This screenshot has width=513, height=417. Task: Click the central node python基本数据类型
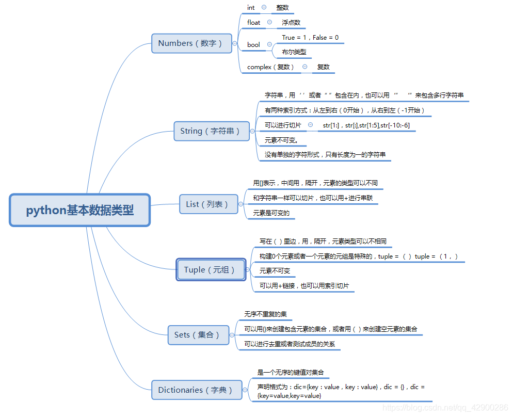pos(80,210)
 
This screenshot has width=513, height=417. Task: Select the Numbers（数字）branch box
pos(190,43)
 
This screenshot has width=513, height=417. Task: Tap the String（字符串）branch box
pos(210,131)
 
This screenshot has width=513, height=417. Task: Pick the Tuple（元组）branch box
pos(210,270)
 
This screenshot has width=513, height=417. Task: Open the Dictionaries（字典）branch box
pos(196,390)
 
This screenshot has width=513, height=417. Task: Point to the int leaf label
pos(251,8)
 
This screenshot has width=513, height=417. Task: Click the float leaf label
pos(254,23)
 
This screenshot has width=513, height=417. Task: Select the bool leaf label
pos(253,45)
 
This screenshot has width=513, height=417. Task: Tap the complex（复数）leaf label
pos(270,67)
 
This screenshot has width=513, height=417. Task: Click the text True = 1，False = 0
pos(310,38)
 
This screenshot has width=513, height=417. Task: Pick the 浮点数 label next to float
pos(291,23)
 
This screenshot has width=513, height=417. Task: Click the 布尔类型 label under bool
pos(294,52)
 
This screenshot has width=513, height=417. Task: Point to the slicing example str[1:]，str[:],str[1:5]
pos(366,125)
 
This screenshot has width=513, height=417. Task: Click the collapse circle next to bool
pos(269,45)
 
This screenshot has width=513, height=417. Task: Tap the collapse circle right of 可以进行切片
pos(310,125)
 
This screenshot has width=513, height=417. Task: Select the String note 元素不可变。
pos(282,140)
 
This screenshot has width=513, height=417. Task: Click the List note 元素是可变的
pos(271,213)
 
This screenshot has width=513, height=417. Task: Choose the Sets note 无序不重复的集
pos(265,314)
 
